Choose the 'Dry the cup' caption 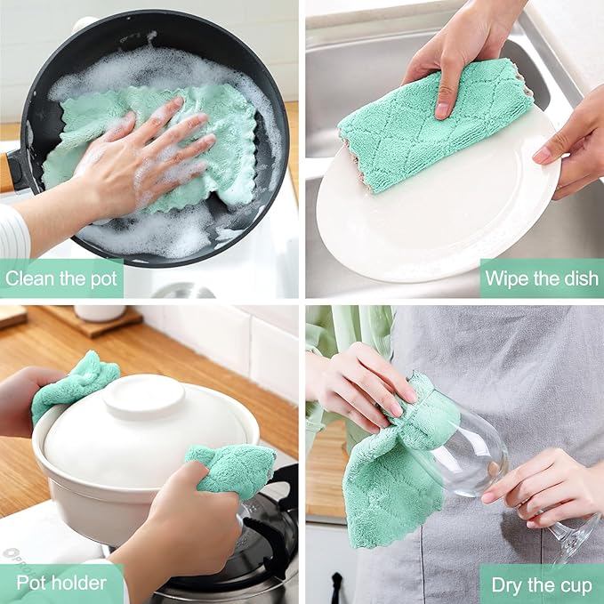542,584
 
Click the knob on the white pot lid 144,396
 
